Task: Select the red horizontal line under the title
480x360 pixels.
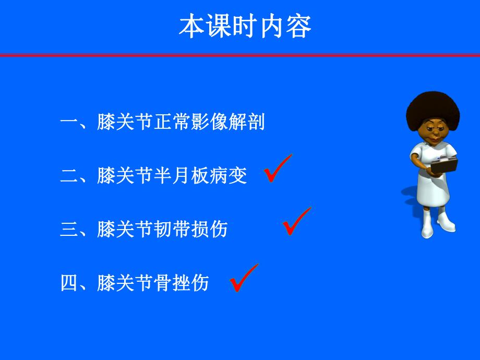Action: click(240, 55)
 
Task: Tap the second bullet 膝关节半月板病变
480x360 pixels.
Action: click(154, 176)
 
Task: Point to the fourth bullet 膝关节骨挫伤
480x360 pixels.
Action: click(135, 282)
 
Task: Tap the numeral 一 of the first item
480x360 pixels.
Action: click(68, 123)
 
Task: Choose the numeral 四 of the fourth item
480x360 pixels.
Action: click(68, 283)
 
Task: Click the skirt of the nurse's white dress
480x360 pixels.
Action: click(433, 190)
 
